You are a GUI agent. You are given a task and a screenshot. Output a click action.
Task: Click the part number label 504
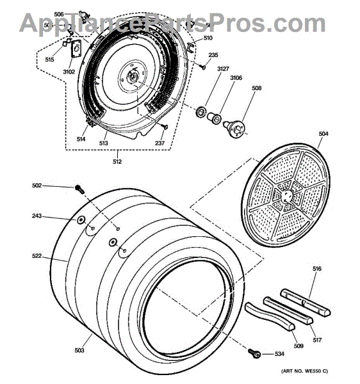click(x=323, y=134)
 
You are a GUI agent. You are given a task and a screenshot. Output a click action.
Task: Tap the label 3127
click(x=222, y=68)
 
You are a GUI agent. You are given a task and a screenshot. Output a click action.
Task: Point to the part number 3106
click(x=236, y=79)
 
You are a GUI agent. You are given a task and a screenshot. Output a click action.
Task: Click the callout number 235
click(x=214, y=54)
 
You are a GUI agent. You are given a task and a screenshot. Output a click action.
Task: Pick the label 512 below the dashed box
click(x=117, y=162)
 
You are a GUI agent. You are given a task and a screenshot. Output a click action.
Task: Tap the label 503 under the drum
click(x=79, y=351)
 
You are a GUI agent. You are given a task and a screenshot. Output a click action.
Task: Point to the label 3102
click(x=69, y=72)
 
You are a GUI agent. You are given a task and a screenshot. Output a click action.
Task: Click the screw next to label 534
click(x=254, y=352)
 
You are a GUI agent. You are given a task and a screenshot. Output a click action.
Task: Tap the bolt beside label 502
click(x=80, y=188)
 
